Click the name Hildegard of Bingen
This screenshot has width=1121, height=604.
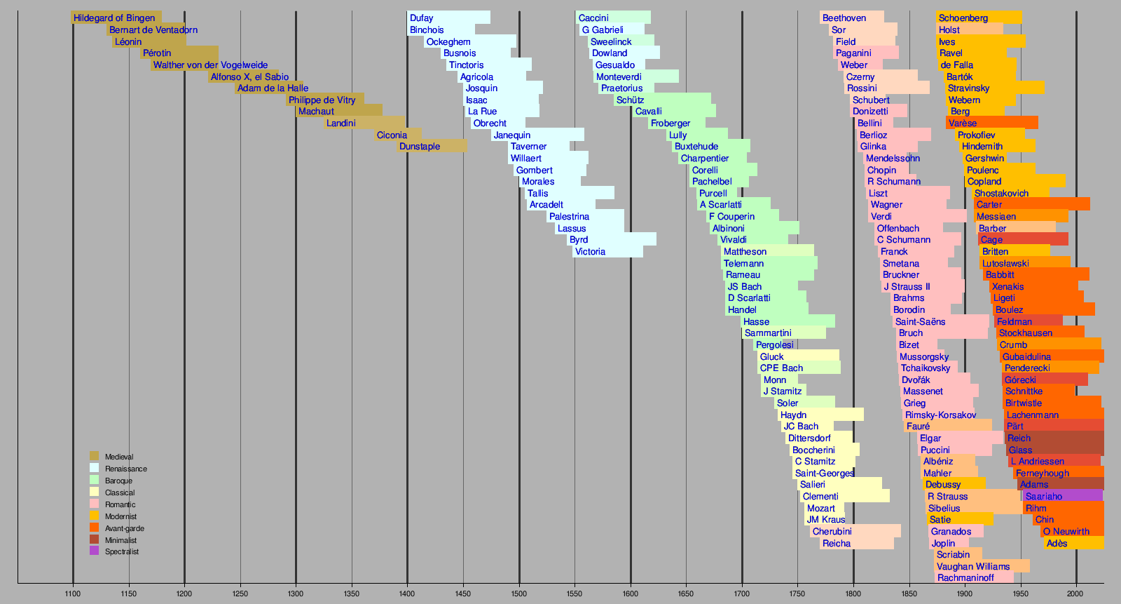pos(114,18)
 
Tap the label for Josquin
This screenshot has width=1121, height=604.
pos(481,88)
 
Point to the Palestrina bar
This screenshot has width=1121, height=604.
pos(586,217)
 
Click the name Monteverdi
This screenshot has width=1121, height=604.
pos(619,76)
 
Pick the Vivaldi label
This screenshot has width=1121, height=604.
pos(734,240)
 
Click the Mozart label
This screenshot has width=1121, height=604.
pos(821,509)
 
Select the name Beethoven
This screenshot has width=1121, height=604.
pos(844,18)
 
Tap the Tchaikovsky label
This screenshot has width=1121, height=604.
pos(926,368)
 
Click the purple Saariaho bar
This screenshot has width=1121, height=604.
pos(1062,497)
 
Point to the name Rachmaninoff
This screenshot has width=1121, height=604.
pos(965,578)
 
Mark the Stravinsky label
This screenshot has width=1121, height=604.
pos(968,88)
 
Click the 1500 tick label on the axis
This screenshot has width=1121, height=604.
pos(519,594)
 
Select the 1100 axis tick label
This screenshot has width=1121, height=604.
pos(73,594)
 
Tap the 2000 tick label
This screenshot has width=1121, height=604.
pos(1076,594)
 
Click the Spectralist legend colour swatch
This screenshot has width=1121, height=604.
pos(95,551)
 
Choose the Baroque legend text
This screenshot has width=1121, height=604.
pos(118,481)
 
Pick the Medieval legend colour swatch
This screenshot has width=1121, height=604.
pos(95,457)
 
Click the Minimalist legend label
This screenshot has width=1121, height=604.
pos(121,540)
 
